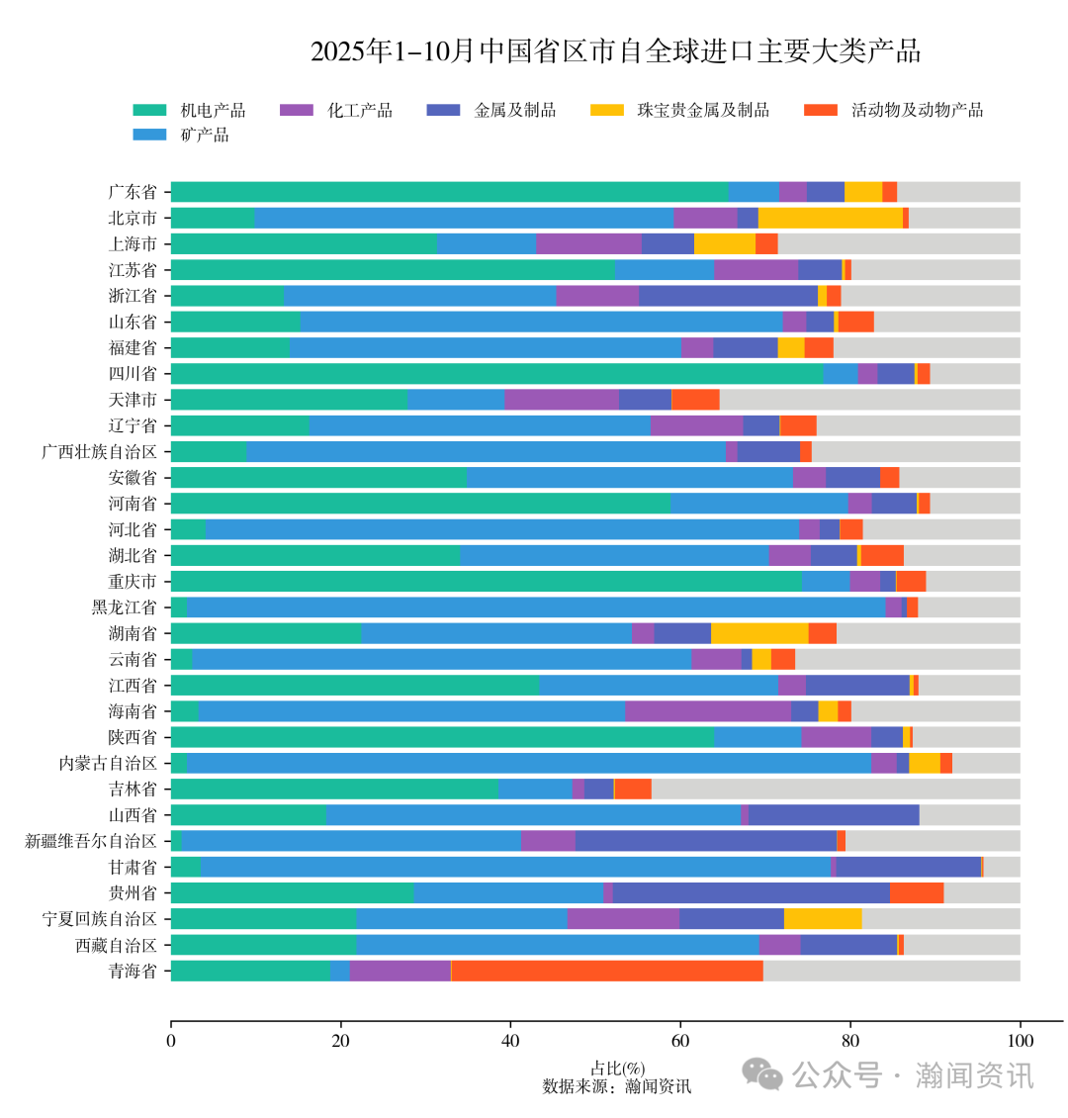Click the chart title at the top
[615, 51]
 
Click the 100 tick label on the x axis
[1020, 1041]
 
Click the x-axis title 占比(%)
[617, 1069]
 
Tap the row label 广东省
[133, 192]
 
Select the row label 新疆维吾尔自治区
[91, 841]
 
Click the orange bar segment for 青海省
[606, 971]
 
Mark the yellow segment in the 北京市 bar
[830, 218]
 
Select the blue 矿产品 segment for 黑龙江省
[535, 606]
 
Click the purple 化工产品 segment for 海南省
[707, 710]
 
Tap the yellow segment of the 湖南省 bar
[758, 633]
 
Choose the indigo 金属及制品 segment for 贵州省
[751, 892]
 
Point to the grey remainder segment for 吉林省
[835, 789]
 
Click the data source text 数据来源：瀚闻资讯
[617, 1086]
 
